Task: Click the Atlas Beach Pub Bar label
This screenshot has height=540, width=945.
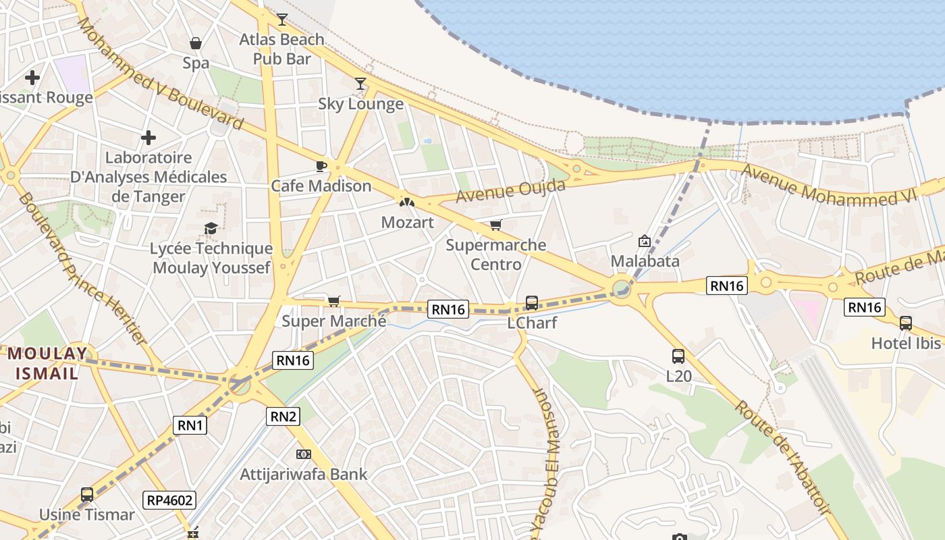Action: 281,49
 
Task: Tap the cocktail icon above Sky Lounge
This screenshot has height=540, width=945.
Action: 360,84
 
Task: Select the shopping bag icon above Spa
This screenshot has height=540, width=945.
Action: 196,44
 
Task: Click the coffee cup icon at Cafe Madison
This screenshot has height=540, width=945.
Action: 321,166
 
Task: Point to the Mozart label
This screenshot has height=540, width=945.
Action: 407,222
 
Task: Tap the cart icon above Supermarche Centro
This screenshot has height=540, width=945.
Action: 496,225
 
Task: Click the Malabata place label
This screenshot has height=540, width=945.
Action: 645,261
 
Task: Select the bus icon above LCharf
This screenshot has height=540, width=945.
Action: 532,303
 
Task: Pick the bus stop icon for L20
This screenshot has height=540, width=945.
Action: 678,356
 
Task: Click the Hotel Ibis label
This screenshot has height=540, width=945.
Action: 905,343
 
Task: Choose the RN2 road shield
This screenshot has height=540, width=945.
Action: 283,416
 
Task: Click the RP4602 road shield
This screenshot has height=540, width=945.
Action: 170,500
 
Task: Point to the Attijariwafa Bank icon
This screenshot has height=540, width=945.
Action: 304,454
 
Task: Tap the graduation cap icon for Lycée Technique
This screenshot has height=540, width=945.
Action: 211,229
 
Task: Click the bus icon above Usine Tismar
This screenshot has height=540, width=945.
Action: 87,495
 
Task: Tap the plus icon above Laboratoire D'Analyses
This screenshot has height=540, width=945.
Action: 148,138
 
